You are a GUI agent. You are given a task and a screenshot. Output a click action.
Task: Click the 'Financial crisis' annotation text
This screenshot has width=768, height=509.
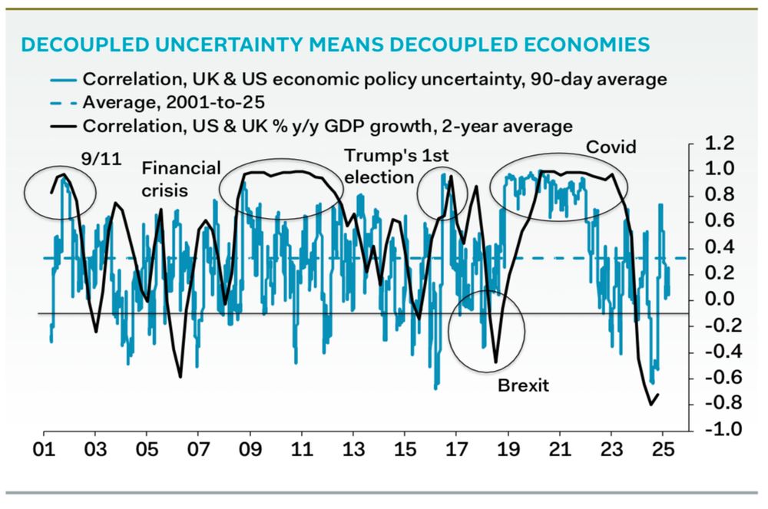coord(181,179)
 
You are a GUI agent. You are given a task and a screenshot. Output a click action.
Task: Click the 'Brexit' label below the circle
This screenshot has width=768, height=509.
coord(523,385)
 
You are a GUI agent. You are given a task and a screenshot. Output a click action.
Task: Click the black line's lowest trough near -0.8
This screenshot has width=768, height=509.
coord(651,404)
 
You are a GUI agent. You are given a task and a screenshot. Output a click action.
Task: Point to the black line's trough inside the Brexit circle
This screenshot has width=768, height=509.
coord(495,362)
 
